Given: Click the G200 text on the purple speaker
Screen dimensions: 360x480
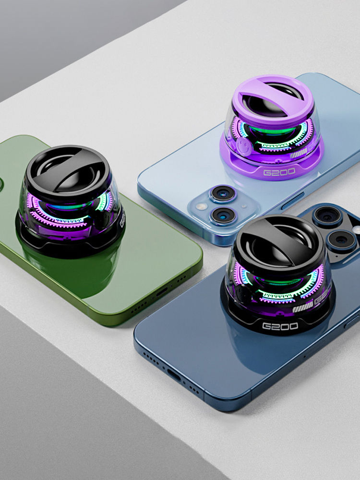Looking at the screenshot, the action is (x=279, y=172).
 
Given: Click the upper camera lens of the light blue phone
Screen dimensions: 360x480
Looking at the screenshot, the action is (x=223, y=194).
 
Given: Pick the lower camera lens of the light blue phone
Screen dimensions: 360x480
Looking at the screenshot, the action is (x=224, y=215).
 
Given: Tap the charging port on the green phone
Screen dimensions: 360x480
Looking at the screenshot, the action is (x=161, y=292).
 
